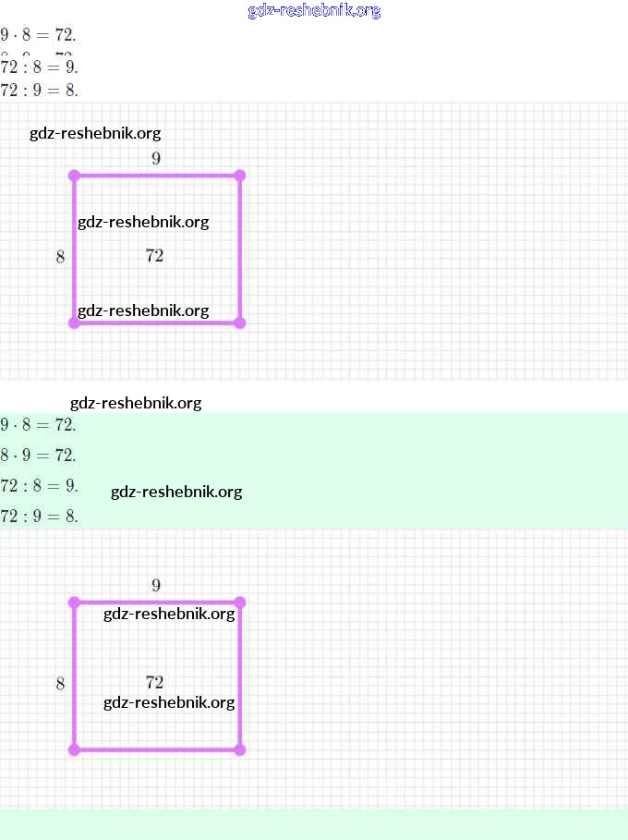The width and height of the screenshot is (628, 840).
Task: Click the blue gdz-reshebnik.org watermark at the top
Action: pos(314,11)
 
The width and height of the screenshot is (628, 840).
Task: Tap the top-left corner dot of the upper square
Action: pos(74,176)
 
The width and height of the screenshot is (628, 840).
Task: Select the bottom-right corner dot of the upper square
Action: pos(240,323)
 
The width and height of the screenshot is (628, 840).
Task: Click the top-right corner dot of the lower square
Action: pos(240,603)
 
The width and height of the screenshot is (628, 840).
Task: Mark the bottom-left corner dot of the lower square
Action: pos(74,749)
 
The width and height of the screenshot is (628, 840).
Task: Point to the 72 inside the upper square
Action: pos(154,256)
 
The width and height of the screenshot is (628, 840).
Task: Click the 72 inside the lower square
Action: pos(154,683)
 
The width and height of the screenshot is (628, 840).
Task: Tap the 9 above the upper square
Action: pos(156,158)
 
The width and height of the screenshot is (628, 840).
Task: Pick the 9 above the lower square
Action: pos(156,585)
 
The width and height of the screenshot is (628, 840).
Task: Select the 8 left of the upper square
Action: pos(60,257)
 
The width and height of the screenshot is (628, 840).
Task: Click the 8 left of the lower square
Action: pos(60,684)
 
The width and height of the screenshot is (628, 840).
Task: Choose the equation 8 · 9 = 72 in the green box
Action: pos(39,455)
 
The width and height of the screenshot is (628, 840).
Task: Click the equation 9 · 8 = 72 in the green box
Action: pos(39,425)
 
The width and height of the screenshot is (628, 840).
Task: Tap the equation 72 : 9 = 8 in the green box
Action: pos(39,516)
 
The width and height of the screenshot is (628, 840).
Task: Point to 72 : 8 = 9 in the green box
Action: pos(39,485)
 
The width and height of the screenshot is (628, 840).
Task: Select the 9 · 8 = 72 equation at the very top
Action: pos(39,35)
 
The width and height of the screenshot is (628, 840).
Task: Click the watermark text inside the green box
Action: pos(176,492)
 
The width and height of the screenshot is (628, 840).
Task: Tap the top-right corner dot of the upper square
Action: pos(240,176)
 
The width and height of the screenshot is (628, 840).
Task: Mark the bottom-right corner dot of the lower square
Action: pos(240,749)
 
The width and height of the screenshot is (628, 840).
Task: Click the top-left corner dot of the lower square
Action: pos(74,603)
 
